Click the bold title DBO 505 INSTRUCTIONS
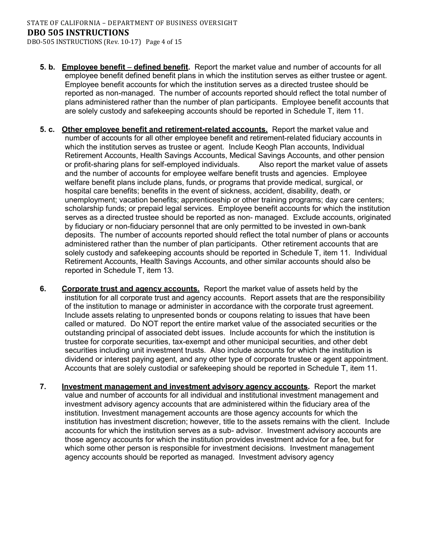tap(78, 32)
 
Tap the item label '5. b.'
tap(47, 67)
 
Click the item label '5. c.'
tap(47, 130)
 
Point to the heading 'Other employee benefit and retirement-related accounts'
tap(164, 130)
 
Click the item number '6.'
tap(43, 289)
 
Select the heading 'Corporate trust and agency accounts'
tap(130, 289)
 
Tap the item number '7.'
tap(43, 387)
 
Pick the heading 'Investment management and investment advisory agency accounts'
tap(185, 387)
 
